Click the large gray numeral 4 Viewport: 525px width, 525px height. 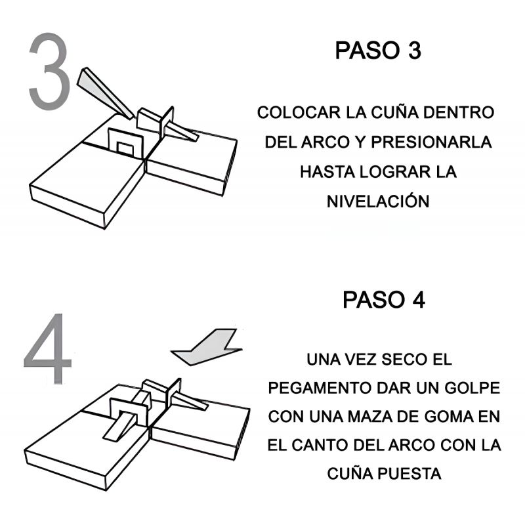(x=48, y=348)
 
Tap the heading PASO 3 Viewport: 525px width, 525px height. (x=378, y=51)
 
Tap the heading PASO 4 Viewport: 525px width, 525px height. (x=384, y=300)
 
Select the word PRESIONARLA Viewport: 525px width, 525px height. (x=431, y=142)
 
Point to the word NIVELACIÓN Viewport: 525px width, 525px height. (x=378, y=201)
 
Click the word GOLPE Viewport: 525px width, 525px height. (x=472, y=388)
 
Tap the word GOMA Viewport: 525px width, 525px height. (x=449, y=417)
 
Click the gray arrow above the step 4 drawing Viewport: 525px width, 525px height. (x=207, y=348)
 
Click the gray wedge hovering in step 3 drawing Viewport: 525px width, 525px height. (x=104, y=92)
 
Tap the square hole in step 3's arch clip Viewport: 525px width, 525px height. (x=125, y=149)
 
